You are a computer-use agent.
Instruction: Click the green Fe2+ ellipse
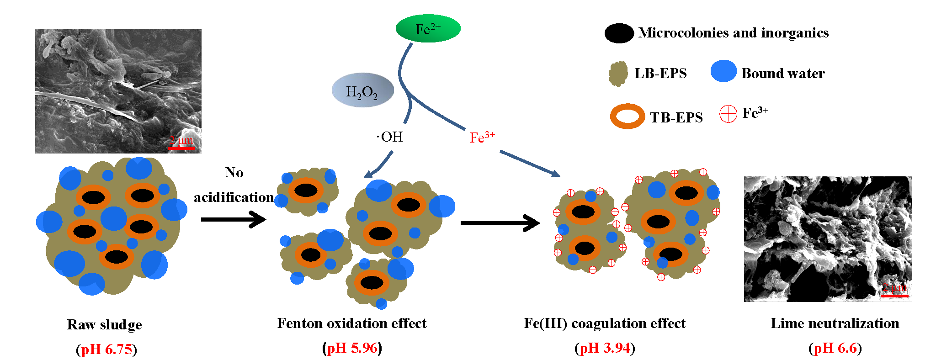(x=428, y=28)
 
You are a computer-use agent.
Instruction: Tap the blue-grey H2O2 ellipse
(x=362, y=90)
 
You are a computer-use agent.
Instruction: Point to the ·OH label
(x=390, y=137)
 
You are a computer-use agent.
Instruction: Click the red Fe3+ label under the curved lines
(x=482, y=137)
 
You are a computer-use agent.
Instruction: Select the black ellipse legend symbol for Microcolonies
(x=619, y=33)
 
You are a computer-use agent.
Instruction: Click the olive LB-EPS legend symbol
(x=618, y=74)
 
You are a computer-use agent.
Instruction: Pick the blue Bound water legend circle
(x=723, y=71)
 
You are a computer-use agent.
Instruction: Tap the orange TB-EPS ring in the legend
(x=627, y=116)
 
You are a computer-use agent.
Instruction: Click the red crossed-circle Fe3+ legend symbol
(x=728, y=114)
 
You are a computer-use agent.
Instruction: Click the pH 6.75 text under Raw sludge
(x=106, y=349)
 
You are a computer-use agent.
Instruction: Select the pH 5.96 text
(x=352, y=348)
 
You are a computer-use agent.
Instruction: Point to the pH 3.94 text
(x=605, y=348)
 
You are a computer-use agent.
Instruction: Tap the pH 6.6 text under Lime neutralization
(x=835, y=348)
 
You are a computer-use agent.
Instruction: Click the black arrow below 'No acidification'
(x=233, y=220)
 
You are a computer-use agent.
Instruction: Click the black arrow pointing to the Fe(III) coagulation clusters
(x=500, y=223)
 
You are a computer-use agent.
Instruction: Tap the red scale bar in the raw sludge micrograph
(x=181, y=148)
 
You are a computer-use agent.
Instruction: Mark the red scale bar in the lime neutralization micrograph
(x=894, y=296)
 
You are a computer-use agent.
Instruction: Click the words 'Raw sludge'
(x=104, y=324)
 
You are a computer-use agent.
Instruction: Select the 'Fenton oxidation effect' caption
(x=351, y=323)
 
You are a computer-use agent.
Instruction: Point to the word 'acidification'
(x=234, y=197)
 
